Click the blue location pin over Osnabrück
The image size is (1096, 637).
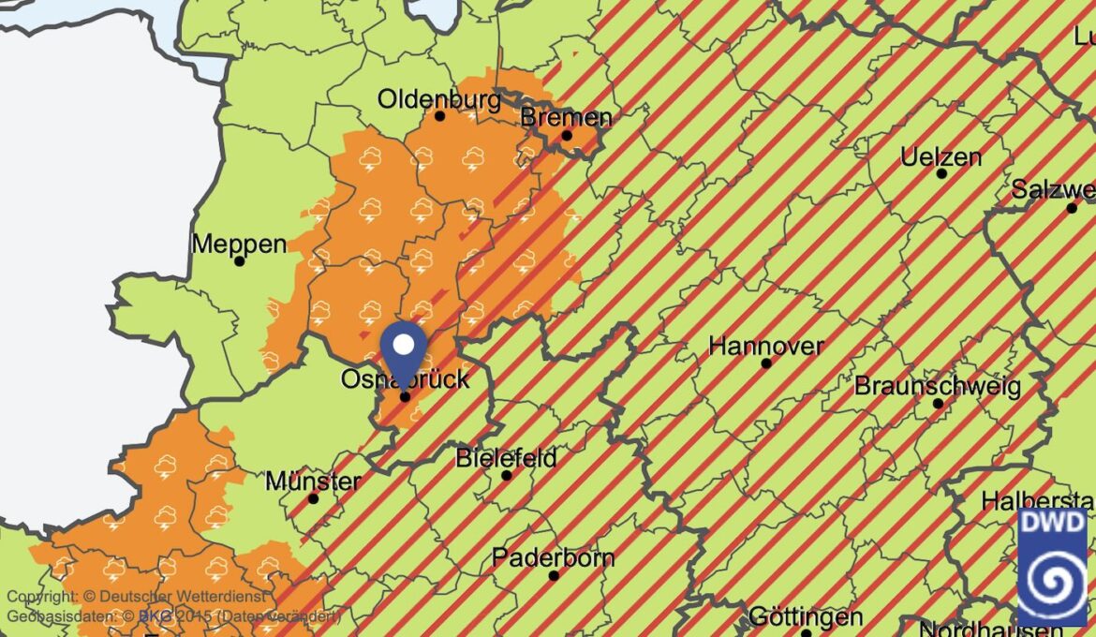click(404, 347)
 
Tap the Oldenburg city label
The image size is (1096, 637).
click(439, 98)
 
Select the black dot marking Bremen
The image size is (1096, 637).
click(567, 136)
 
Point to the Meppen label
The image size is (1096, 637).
click(239, 244)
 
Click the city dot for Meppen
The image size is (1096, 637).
click(240, 261)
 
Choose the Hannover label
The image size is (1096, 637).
click(765, 346)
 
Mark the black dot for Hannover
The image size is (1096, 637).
click(766, 363)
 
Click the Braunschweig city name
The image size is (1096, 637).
click(937, 386)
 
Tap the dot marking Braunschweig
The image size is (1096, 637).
click(938, 404)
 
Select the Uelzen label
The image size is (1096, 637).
click(940, 156)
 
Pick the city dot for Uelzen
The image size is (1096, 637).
click(941, 173)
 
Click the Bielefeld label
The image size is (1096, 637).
click(506, 458)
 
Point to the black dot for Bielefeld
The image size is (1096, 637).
click(507, 476)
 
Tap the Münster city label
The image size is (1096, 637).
click(313, 481)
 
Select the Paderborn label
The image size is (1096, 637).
click(553, 558)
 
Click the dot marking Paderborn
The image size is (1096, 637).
click(554, 575)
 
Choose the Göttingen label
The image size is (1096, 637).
click(806, 617)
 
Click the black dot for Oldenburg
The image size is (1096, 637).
click(440, 116)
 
